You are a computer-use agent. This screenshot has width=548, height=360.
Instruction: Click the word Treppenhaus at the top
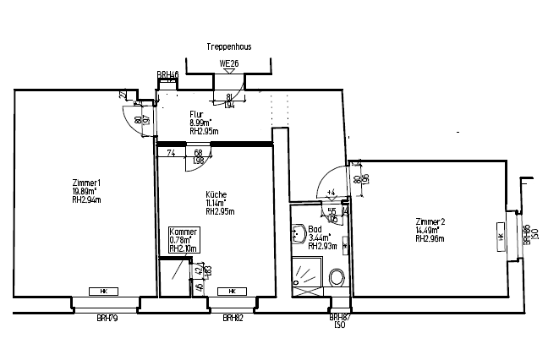pos(228,48)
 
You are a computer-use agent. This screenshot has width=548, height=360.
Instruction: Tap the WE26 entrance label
pos(228,63)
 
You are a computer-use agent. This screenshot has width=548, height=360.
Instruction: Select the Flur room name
pos(195,114)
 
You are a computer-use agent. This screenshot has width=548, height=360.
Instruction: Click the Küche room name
pos(216,194)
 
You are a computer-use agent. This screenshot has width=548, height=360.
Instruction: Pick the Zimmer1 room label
pos(87,183)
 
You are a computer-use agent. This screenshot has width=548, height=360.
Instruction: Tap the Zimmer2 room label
pos(430,221)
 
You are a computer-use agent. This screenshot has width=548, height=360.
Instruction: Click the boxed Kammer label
pos(184,232)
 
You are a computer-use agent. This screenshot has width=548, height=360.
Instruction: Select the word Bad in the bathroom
pos(315,229)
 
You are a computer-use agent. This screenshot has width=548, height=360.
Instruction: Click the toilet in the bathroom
pos(337,277)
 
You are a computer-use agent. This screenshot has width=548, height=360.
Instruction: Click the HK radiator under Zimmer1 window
pos(103,292)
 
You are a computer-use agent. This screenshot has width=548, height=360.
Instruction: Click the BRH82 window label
pos(233,318)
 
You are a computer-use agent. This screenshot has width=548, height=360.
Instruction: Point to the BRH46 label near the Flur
pos(167,75)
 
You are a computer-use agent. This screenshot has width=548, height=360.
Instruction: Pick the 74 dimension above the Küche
pos(170,152)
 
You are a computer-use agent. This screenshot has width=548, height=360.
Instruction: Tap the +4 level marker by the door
pos(331,192)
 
